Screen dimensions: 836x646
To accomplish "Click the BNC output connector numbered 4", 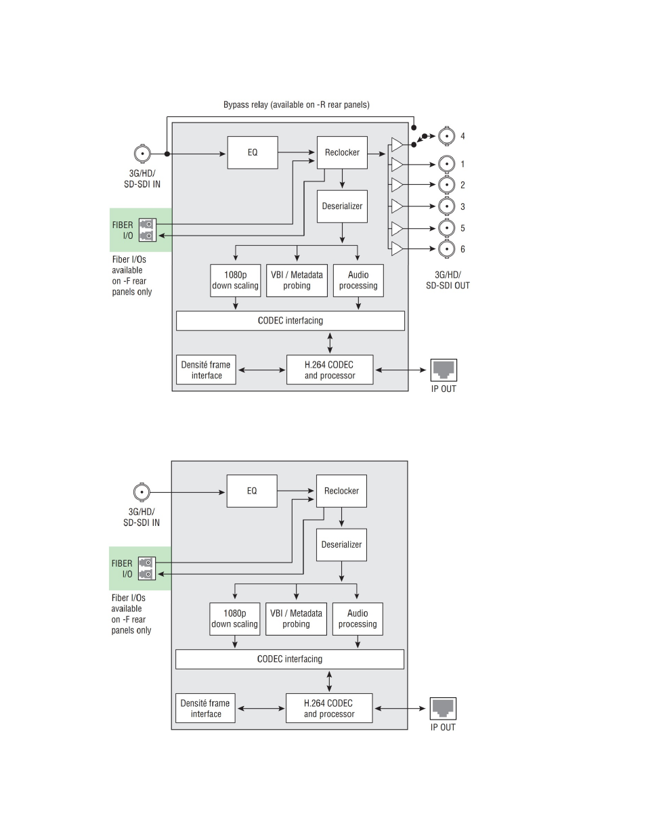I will pos(446,136).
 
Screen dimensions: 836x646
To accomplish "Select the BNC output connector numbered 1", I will pos(446,164).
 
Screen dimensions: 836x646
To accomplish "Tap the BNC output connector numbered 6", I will pos(446,249).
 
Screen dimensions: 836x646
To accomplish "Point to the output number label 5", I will pos(462,228).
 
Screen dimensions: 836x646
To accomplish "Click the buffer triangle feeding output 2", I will pos(397,185).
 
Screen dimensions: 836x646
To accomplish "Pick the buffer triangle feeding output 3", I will pos(397,206).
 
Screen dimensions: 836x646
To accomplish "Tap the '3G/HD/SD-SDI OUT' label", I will pos(448,280).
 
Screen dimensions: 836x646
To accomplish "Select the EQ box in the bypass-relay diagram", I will pos(253,152).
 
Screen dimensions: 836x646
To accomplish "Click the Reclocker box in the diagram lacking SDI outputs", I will pos(341,491).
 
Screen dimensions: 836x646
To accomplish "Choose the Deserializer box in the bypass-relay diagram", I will pos(342,206).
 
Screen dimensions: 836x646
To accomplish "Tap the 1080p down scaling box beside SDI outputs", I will pos(235,280).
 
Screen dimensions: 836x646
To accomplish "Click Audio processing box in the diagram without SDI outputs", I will pos(358,619).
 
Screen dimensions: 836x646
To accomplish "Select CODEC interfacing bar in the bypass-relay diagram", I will pos(290,321).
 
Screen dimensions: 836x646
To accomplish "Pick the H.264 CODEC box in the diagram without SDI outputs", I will pos(329,708).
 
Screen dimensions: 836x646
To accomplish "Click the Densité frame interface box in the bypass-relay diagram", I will pos(206,370).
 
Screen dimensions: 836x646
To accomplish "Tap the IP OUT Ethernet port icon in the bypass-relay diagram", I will pos(444,370).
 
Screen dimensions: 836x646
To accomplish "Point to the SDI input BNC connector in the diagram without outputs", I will pos(141,492).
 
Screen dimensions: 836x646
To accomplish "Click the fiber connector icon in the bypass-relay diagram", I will pos(147,230).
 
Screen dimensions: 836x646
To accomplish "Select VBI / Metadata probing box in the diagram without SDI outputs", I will pos(296,619).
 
